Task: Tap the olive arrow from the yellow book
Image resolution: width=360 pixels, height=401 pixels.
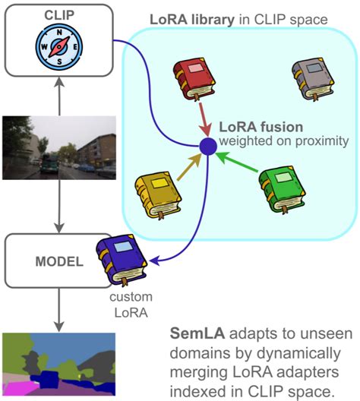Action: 188,165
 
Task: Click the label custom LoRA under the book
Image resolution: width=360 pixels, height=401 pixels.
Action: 121,302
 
